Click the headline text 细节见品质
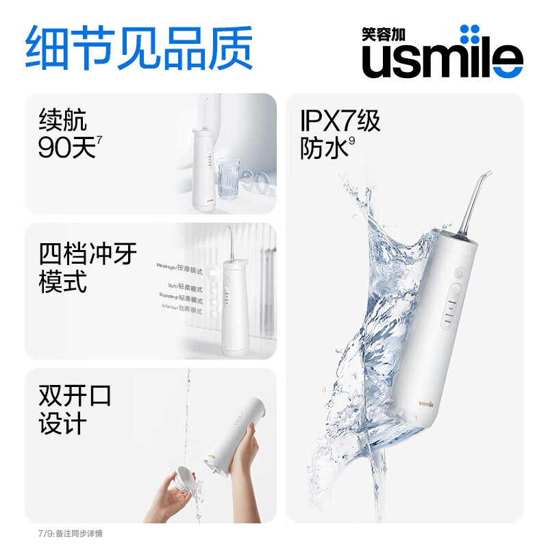(139, 47)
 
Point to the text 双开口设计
(75, 410)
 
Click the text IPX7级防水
(340, 136)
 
